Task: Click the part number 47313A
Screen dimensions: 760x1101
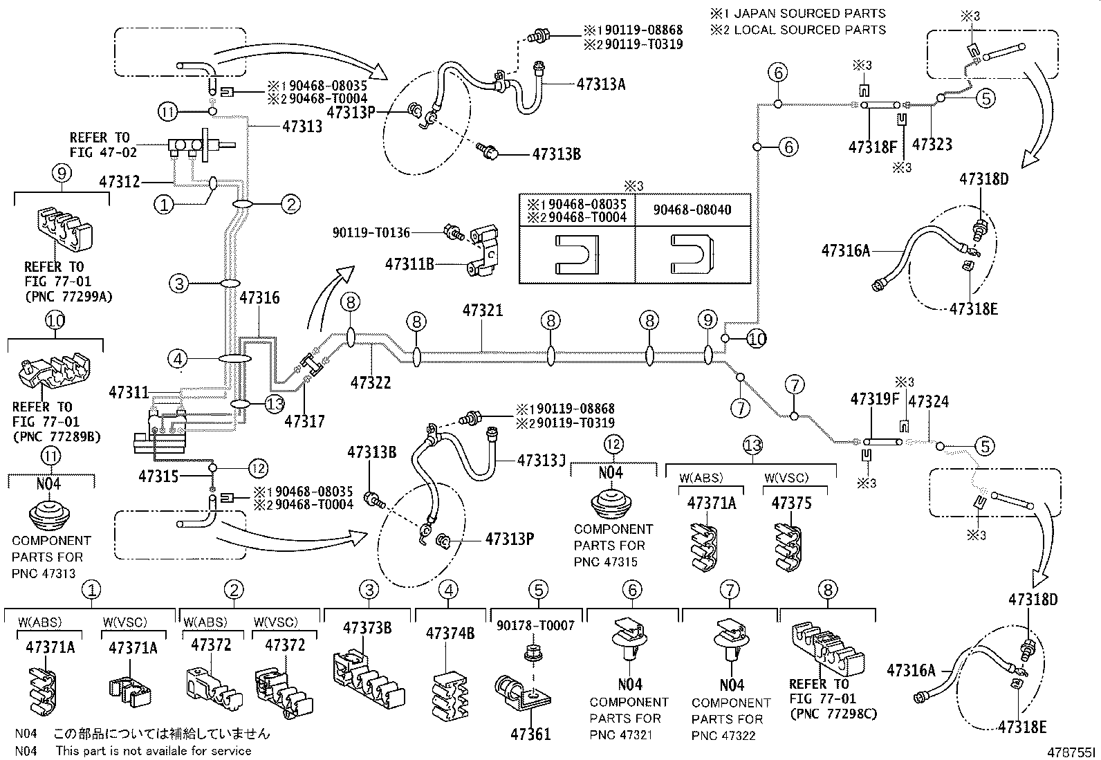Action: [x=600, y=84]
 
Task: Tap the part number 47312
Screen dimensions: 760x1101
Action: [x=120, y=182]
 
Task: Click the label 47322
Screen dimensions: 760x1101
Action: [x=371, y=382]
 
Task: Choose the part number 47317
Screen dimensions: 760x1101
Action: [x=305, y=421]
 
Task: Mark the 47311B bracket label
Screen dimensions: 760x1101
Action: [x=409, y=263]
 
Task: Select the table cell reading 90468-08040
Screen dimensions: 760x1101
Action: [x=692, y=209]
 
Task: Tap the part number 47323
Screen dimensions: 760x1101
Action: [x=932, y=145]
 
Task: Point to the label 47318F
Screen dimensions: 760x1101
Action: [x=873, y=147]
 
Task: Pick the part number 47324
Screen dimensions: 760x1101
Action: [x=928, y=402]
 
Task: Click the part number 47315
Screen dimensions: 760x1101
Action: [x=158, y=476]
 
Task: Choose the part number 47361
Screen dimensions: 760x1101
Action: [x=530, y=734]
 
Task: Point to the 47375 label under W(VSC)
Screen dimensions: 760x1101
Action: [x=792, y=503]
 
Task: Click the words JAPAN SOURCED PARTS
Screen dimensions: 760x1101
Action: [x=809, y=13]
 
